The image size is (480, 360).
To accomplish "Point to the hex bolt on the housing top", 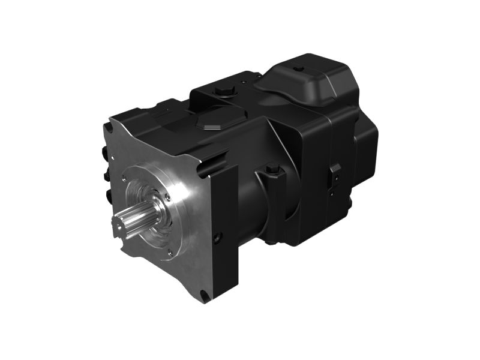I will pyautogui.click(x=224, y=93).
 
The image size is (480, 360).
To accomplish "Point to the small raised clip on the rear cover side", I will pyautogui.click(x=335, y=170).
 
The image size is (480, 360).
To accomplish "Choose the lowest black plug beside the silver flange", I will pyautogui.click(x=108, y=196).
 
